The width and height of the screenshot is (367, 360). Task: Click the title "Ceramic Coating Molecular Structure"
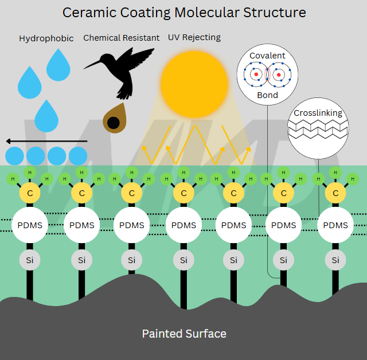click(183, 13)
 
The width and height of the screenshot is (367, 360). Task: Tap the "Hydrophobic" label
click(46, 39)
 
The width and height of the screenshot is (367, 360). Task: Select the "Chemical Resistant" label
click(122, 38)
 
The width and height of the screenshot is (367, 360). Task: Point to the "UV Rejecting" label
click(194, 38)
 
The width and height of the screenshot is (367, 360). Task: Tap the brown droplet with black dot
click(114, 119)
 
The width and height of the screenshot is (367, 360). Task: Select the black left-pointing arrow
click(46, 140)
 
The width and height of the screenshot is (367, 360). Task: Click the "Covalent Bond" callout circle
click(267, 75)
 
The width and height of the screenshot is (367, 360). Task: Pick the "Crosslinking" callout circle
click(318, 127)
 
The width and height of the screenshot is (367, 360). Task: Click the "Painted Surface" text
click(184, 334)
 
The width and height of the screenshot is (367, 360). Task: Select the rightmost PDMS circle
click(335, 225)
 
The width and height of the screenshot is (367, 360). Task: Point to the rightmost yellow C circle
click(335, 193)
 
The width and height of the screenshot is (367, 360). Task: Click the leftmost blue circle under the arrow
click(15, 156)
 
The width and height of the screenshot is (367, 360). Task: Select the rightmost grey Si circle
click(335, 260)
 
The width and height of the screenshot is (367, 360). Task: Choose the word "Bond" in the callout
click(267, 95)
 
